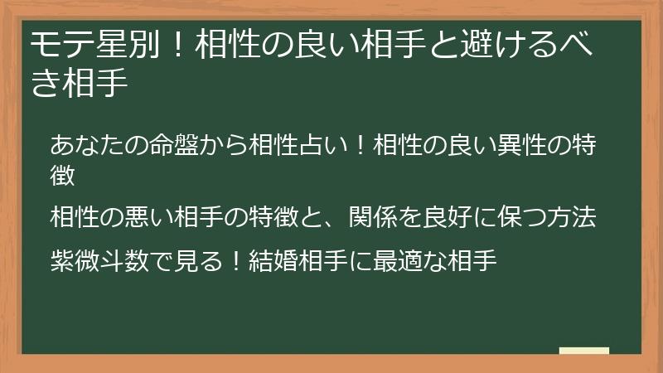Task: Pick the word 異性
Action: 510,144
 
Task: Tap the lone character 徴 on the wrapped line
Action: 63,174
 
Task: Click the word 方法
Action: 577,217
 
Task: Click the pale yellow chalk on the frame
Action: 584,351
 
